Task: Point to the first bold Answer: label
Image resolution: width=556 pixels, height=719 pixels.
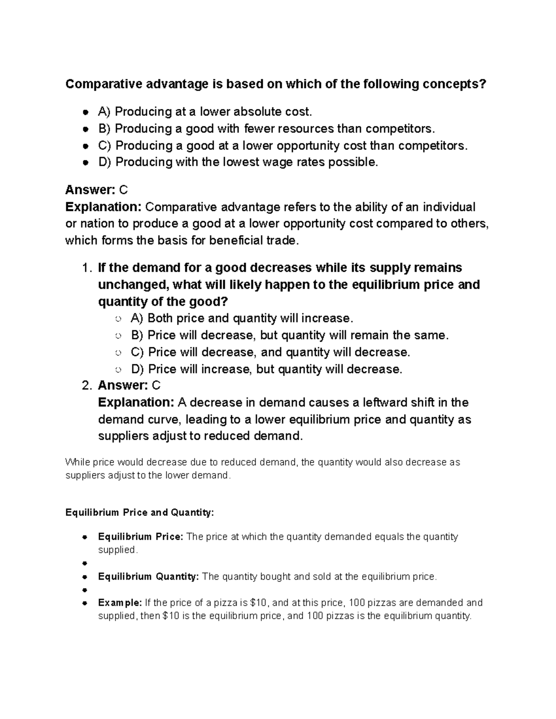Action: coord(90,190)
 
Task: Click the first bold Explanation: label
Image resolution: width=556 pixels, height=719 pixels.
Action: coord(103,206)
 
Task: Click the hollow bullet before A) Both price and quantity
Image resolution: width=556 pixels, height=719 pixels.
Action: coord(119,319)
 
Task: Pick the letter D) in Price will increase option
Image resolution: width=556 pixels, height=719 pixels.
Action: coord(138,369)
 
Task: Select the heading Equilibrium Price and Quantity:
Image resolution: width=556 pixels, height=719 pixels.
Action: coord(140,513)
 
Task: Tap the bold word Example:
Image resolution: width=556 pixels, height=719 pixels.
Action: coord(120,603)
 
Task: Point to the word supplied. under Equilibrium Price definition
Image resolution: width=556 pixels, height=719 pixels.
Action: coord(118,550)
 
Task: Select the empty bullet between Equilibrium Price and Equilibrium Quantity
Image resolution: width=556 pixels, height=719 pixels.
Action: coord(85,564)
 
